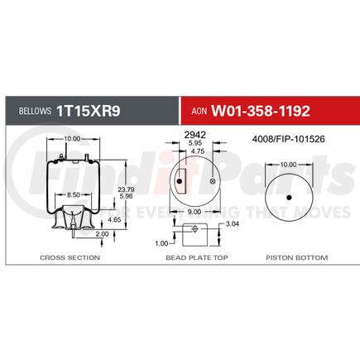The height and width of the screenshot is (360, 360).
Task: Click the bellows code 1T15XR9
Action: (x=89, y=109)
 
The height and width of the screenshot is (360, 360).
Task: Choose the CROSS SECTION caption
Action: (x=70, y=258)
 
